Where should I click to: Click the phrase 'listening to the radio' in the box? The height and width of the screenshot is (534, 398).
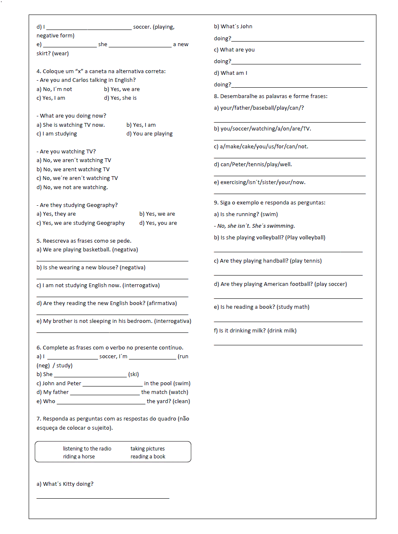(x=87, y=449)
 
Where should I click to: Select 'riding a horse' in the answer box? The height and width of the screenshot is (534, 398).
(x=79, y=457)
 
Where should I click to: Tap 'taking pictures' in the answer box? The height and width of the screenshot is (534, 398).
(x=147, y=449)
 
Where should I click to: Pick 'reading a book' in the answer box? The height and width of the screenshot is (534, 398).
(x=148, y=457)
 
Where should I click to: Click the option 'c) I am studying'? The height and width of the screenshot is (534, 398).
(x=57, y=134)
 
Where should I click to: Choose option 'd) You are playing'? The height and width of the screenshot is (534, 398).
(x=150, y=134)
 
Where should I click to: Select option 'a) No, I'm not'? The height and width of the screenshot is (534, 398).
(x=54, y=89)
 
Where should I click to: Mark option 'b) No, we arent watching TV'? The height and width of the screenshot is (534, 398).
(x=73, y=170)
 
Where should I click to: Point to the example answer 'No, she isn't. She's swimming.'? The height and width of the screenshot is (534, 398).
(x=255, y=226)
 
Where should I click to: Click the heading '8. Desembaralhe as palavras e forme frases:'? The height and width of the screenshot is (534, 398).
(x=270, y=96)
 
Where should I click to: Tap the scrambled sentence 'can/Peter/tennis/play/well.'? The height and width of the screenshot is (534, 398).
(x=253, y=165)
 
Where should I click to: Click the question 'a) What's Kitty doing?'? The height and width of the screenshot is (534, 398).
(x=65, y=484)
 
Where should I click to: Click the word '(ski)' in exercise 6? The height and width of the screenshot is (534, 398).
(x=133, y=374)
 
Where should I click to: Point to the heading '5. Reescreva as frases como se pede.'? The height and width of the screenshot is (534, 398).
(x=84, y=241)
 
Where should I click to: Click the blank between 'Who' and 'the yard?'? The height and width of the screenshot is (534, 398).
(x=101, y=402)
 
